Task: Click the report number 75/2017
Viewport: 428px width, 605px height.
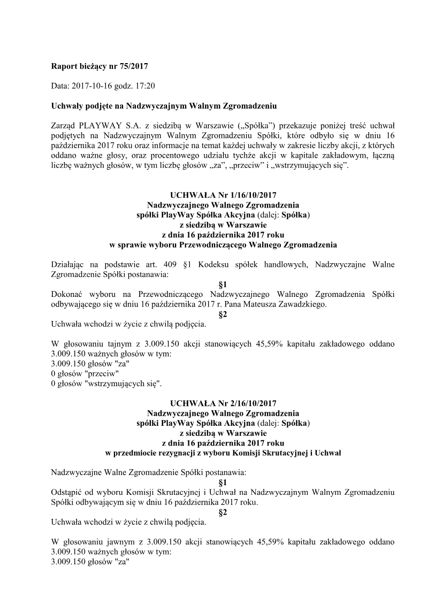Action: [x=132, y=66]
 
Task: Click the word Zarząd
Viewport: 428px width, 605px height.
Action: [x=63, y=125]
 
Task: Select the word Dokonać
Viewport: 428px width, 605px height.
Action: [x=66, y=294]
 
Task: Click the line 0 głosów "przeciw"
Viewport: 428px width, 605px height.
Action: [x=85, y=373]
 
